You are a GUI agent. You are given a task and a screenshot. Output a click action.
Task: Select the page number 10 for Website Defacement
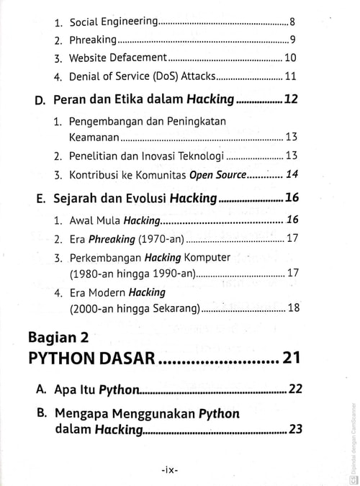[290, 58]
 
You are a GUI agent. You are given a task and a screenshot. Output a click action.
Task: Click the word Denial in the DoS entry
[86, 76]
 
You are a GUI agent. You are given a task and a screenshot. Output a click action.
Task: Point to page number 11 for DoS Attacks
[291, 76]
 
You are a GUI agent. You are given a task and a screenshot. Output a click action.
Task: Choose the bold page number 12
[291, 100]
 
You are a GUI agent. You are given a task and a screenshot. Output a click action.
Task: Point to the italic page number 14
[292, 174]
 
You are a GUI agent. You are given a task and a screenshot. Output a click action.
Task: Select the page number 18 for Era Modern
[293, 309]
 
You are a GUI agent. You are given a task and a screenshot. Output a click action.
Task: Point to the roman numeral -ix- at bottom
[171, 469]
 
